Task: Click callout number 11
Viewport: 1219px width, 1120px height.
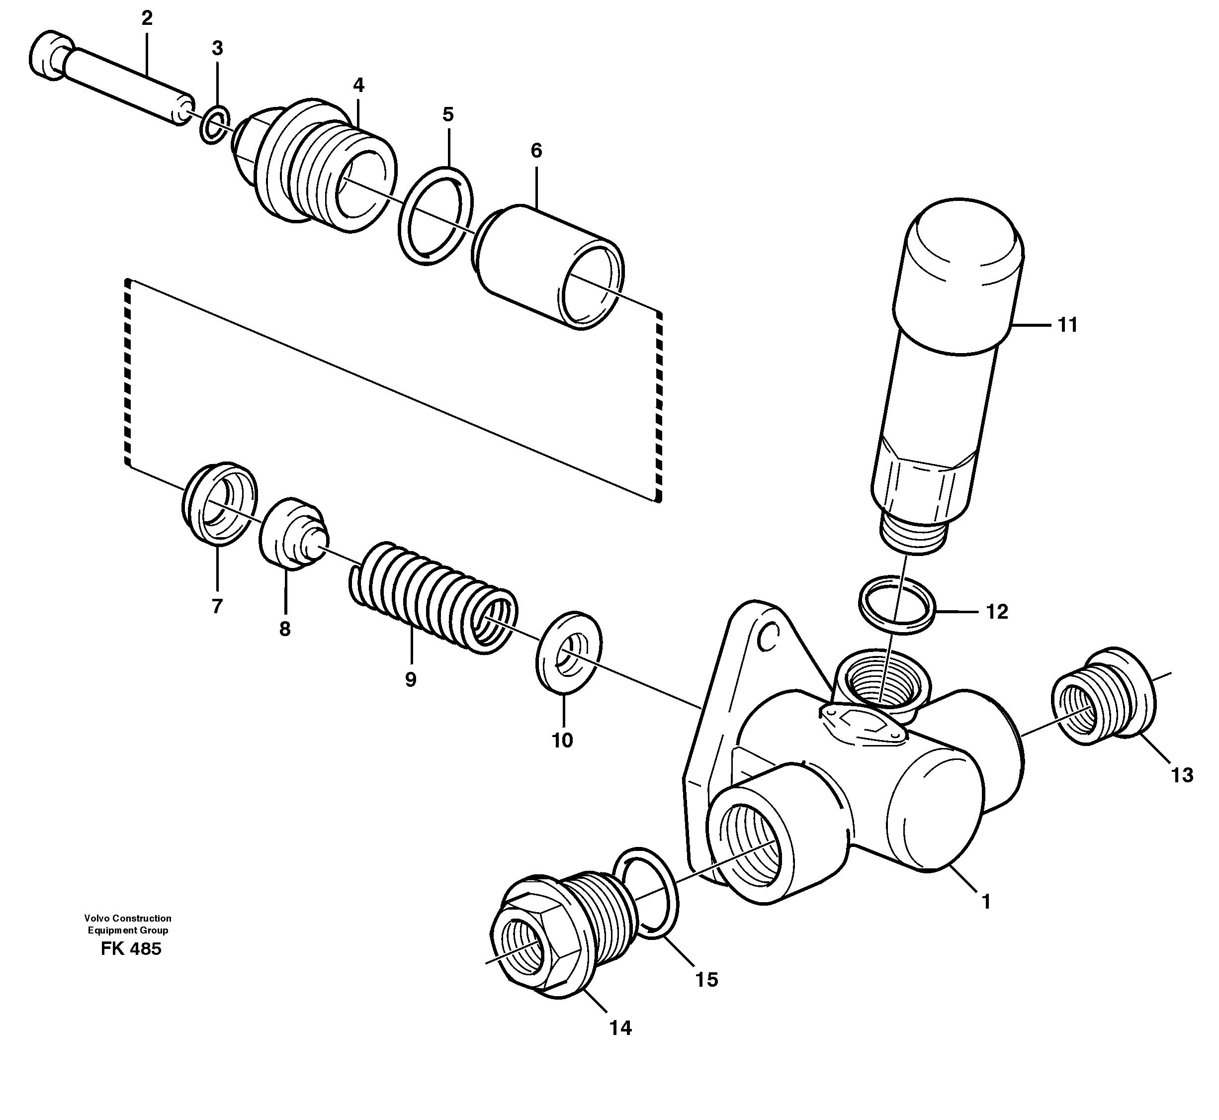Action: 1067,325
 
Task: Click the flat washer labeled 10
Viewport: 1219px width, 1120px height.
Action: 568,653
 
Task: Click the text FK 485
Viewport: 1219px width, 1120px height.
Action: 131,948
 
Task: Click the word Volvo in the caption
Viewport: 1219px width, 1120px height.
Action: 97,918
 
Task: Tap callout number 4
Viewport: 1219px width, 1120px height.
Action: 358,86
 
